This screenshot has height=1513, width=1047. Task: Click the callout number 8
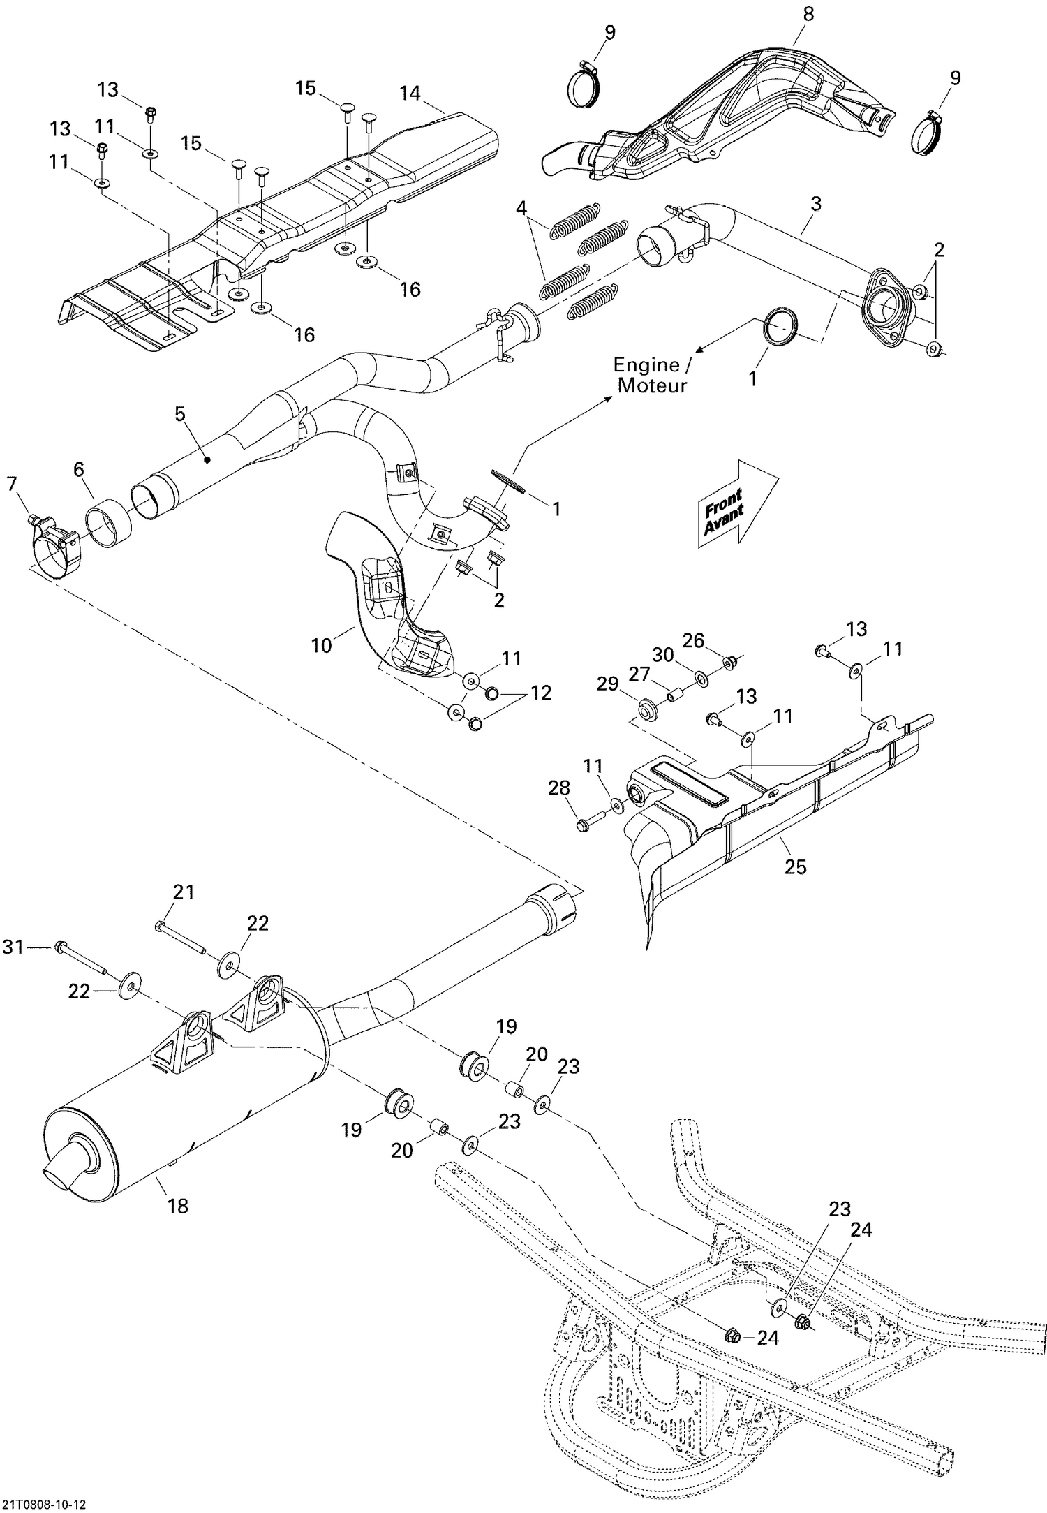808,13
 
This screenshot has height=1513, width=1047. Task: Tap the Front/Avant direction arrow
736,501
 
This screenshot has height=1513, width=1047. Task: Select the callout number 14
410,93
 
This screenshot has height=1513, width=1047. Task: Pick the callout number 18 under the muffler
178,1205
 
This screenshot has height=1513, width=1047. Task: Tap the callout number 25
795,866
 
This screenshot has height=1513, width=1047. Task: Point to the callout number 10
321,645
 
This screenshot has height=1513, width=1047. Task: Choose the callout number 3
815,204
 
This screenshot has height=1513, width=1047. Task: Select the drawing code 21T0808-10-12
45,1499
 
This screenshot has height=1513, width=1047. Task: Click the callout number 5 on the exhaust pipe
180,414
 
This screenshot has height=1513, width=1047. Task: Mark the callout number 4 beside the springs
521,207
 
